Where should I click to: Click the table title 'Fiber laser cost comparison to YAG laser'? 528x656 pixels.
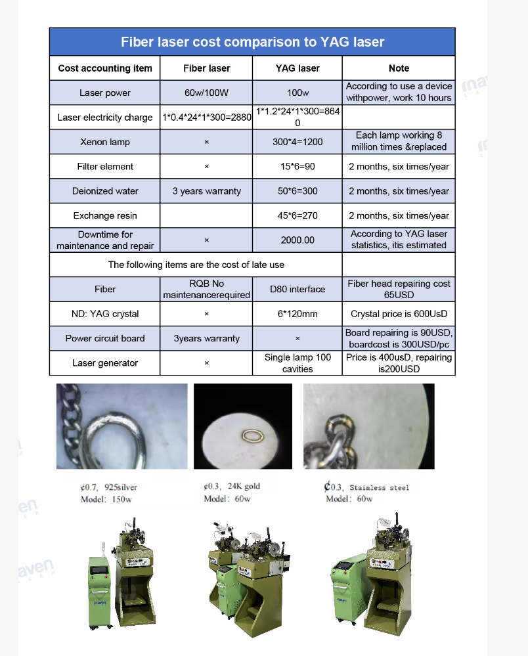coord(252,42)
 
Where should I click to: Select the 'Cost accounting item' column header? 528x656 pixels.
coord(105,68)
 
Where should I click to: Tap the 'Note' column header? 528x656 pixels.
coord(399,68)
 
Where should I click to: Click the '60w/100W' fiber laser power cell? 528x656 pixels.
coord(206,93)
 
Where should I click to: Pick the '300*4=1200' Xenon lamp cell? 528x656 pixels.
coord(297,142)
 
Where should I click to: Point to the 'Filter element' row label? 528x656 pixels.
coord(105,167)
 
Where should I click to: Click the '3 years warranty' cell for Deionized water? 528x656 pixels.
coord(206,191)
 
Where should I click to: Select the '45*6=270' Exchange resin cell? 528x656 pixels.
coord(297,215)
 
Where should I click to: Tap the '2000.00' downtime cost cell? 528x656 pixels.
coord(297,240)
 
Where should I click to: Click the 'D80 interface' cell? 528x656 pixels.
coord(297,289)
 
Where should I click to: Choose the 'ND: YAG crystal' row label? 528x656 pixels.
coord(105,314)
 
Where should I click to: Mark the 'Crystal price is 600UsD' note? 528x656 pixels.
coord(399,314)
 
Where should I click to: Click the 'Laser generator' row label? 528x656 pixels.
coord(105,363)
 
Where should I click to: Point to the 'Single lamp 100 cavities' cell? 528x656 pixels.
coord(297,363)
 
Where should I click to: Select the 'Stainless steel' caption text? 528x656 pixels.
coord(379,487)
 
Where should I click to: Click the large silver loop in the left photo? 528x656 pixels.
coord(125,427)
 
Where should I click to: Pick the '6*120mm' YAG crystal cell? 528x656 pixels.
coord(297,314)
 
